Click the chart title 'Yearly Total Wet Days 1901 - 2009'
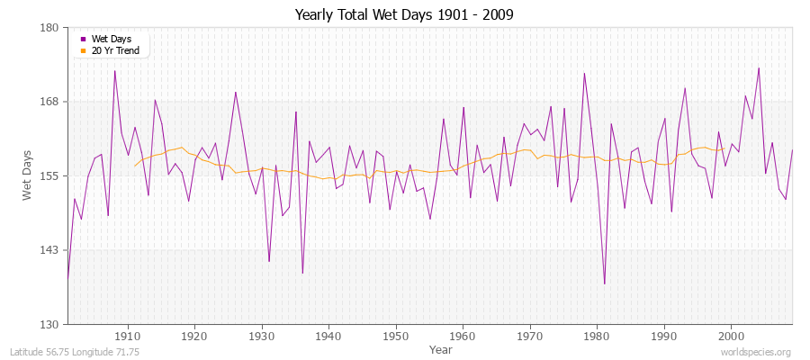coord(404,15)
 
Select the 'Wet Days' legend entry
coord(111,39)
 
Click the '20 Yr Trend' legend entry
coord(115,50)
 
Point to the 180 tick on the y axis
coord(49,28)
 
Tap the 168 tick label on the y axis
coord(49,102)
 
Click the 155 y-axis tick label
coord(49,175)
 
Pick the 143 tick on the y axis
coord(49,250)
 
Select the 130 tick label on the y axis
coord(49,324)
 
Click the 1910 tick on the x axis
coord(128,336)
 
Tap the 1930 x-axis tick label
coord(262,336)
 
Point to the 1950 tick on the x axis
coord(396,336)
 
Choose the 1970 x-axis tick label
coord(530,336)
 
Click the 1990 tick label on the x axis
coord(664,336)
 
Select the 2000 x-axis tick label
coord(731,336)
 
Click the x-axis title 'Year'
coord(441,349)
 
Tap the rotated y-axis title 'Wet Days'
coord(28,175)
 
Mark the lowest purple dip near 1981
coord(604,283)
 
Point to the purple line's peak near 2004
coord(759,67)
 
